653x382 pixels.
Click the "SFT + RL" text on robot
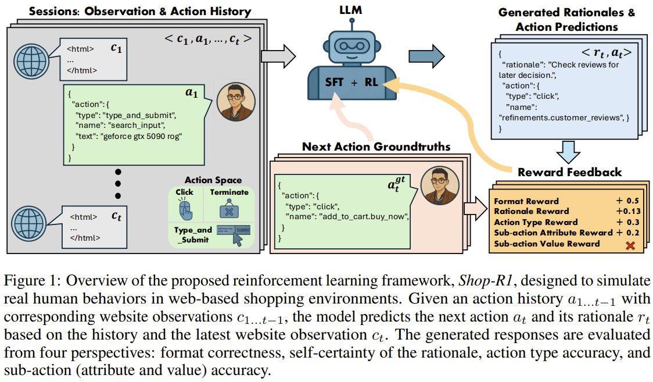pos(353,82)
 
